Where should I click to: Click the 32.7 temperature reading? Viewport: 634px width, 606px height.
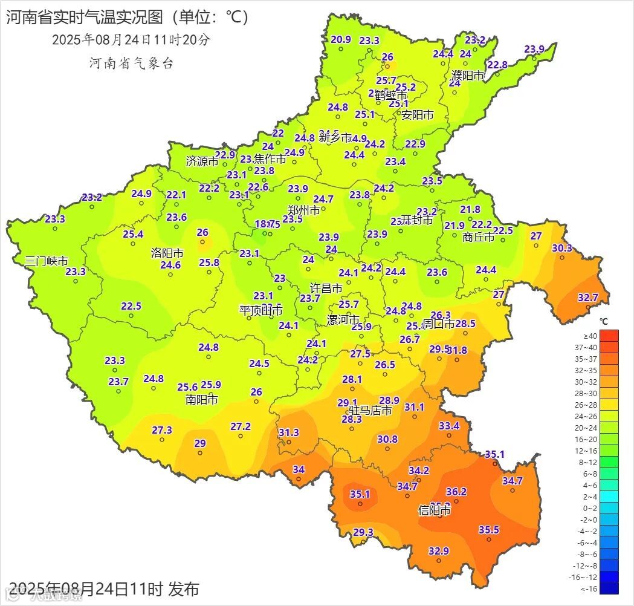(x=587, y=298)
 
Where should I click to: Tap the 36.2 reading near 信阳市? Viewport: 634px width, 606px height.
(x=456, y=492)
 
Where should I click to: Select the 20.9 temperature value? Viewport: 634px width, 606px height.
(x=341, y=40)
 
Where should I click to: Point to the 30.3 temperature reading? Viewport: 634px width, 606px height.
(x=561, y=248)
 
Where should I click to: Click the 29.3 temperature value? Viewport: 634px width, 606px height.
(x=363, y=532)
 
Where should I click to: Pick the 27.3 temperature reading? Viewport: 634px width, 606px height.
(x=162, y=430)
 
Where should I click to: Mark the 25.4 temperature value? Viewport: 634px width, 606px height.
(x=133, y=234)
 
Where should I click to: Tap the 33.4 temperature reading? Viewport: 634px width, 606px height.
(x=449, y=426)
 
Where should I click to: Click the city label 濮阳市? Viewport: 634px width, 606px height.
(x=468, y=76)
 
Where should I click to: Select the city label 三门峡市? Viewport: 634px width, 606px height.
(x=47, y=261)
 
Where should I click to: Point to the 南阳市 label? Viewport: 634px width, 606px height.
(x=202, y=400)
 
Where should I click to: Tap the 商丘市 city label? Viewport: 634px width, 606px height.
(x=478, y=237)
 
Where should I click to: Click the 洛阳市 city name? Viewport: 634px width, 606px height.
(x=167, y=253)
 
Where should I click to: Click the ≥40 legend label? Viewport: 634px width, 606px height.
(x=589, y=336)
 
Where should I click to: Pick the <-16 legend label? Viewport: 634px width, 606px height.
(x=589, y=588)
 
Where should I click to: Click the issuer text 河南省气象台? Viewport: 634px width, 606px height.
(x=131, y=63)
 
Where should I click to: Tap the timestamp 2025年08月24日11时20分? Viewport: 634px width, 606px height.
(x=131, y=40)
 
